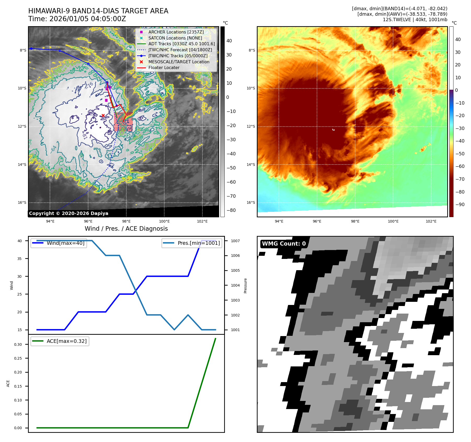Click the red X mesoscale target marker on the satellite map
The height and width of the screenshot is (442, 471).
pyautogui.click(x=103, y=115)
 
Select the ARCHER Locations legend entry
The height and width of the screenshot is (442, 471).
pyautogui.click(x=176, y=32)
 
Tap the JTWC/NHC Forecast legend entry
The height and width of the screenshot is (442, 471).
pyautogui.click(x=180, y=50)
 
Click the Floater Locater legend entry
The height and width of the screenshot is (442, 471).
pyautogui.click(x=164, y=67)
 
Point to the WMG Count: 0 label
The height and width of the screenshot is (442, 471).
pyautogui.click(x=284, y=244)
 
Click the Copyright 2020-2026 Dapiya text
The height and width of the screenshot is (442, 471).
pyautogui.click(x=69, y=213)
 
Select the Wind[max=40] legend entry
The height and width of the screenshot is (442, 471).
pyautogui.click(x=65, y=243)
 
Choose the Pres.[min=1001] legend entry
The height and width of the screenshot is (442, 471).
pyautogui.click(x=198, y=243)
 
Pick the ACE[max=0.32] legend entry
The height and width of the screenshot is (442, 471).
pyautogui.click(x=66, y=341)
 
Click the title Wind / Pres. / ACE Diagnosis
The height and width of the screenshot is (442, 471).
pyautogui.click(x=126, y=229)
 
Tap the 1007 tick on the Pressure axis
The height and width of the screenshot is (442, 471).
pyautogui.click(x=235, y=241)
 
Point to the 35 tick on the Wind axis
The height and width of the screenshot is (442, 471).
pyautogui.click(x=20, y=259)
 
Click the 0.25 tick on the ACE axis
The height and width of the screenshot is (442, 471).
pyautogui.click(x=18, y=358)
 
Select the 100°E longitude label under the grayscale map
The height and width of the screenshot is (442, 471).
pyautogui.click(x=164, y=221)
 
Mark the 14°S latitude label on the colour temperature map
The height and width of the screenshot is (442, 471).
pyautogui.click(x=251, y=165)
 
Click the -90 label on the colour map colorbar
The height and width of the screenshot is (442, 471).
pyautogui.click(x=460, y=205)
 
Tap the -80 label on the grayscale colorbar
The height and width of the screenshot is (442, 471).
pyautogui.click(x=231, y=210)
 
